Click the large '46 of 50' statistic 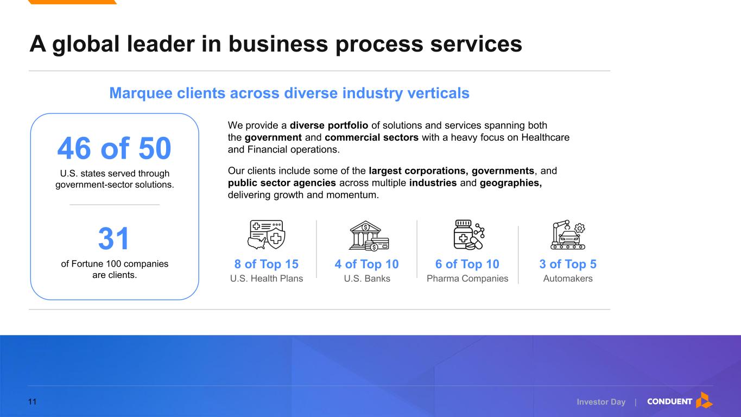point(114,148)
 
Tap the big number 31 point(113,238)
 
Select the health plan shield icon point(267,235)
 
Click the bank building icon point(369,235)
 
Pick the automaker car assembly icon point(568,235)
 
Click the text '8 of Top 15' point(267,264)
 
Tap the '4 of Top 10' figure point(366,264)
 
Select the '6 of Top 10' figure point(467,264)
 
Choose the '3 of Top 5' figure point(568,264)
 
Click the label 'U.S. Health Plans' point(267,279)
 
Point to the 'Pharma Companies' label point(467,279)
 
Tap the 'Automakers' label point(568,279)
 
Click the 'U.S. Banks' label point(367,279)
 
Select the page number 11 point(32,402)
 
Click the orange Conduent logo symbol point(704,400)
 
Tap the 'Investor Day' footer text point(601,402)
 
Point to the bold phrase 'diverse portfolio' point(329,125)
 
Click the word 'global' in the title point(86,44)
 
